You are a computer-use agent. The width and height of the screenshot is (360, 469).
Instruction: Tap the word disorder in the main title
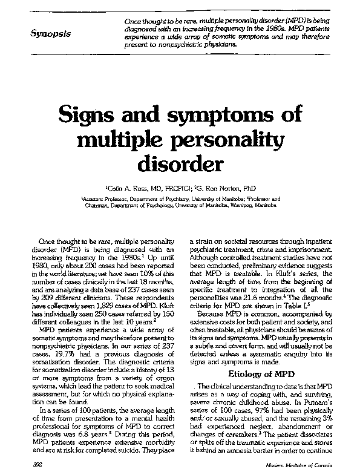[180, 163]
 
